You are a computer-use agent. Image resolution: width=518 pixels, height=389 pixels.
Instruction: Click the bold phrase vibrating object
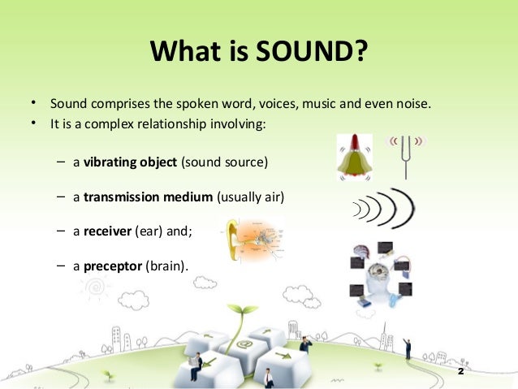tap(130, 162)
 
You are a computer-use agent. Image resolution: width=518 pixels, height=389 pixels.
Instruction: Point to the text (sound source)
tap(224, 162)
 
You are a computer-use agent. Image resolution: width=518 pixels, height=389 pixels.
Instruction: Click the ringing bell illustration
tap(355, 158)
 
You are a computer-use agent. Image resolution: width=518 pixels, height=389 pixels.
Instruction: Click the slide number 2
tap(461, 370)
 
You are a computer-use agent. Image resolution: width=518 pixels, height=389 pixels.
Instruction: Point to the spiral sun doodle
tap(96, 287)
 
